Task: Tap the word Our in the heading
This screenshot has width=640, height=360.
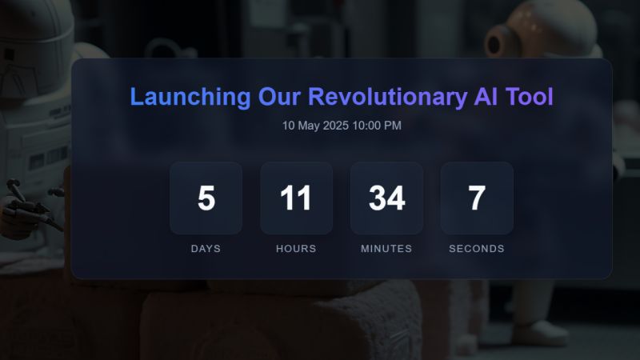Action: (x=279, y=98)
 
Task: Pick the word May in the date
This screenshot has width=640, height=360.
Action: (x=309, y=126)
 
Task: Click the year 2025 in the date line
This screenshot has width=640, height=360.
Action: (x=336, y=126)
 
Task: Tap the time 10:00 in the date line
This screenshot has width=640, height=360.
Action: (x=367, y=126)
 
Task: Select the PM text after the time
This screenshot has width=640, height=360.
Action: (x=393, y=126)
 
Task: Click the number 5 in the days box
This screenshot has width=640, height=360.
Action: (x=206, y=198)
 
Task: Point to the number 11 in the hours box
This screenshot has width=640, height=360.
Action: (x=296, y=198)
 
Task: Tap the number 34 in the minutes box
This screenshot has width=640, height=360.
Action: (x=386, y=198)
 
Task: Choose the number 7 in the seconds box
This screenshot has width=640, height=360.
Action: (x=477, y=198)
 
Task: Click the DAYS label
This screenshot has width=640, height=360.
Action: (x=206, y=249)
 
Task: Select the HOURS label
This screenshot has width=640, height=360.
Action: (x=296, y=249)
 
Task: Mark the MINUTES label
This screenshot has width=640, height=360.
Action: (x=386, y=249)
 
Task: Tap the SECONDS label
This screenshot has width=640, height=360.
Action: (x=477, y=249)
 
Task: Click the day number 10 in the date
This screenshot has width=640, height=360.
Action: (x=289, y=126)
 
